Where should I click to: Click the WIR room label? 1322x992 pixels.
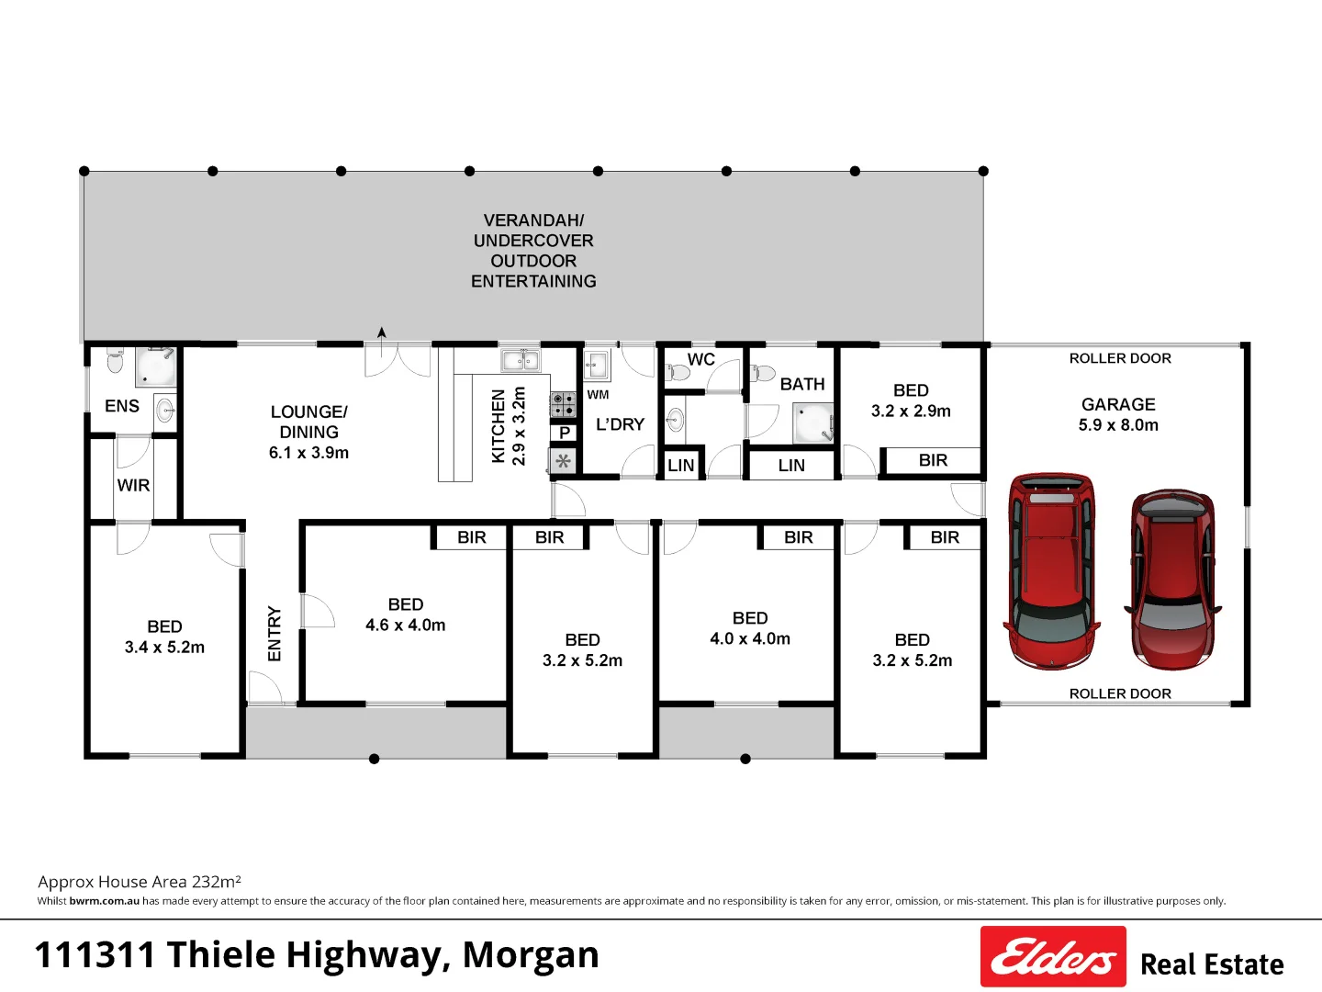point(133,485)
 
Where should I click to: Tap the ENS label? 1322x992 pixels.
point(122,406)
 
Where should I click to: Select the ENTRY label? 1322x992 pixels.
point(274,634)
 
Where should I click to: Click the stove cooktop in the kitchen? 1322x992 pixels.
point(563,404)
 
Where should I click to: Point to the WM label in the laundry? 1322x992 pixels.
point(598,395)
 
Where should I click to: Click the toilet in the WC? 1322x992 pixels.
point(677,372)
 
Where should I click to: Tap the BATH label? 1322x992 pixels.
point(802,384)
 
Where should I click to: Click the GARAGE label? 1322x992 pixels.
point(1118,404)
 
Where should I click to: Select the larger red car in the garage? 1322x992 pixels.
point(1051,571)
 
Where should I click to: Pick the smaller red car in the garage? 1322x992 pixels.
point(1172,580)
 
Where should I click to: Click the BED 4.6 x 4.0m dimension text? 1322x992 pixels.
point(406,626)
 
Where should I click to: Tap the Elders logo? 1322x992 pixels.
point(1053,956)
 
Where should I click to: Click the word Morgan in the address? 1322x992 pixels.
point(531,954)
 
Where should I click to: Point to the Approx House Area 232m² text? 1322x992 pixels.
point(140,882)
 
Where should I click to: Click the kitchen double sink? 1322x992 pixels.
point(521,361)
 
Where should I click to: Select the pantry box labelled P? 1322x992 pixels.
point(565,433)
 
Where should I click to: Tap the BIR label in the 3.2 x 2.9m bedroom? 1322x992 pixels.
point(933,460)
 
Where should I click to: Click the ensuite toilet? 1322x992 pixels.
point(115,360)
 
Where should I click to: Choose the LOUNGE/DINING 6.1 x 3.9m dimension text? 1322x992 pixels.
point(308,453)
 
